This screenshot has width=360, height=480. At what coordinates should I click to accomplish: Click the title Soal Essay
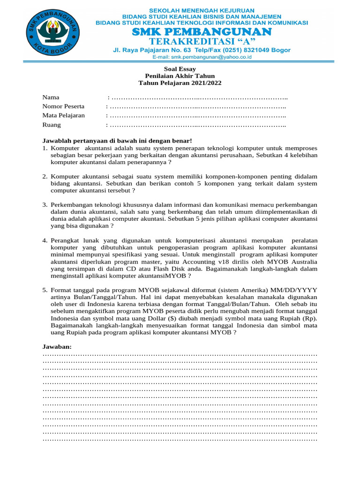180,68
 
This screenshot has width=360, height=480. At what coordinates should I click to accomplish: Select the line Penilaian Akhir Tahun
180,76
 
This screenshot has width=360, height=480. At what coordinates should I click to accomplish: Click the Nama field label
51,97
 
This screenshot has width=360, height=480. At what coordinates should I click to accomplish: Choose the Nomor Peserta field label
63,106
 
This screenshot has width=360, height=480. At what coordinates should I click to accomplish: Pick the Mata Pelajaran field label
64,115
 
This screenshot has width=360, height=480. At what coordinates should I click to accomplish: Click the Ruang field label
52,125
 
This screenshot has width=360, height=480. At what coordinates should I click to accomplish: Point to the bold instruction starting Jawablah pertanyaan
117,141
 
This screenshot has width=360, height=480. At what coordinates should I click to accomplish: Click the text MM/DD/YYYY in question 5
293,290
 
